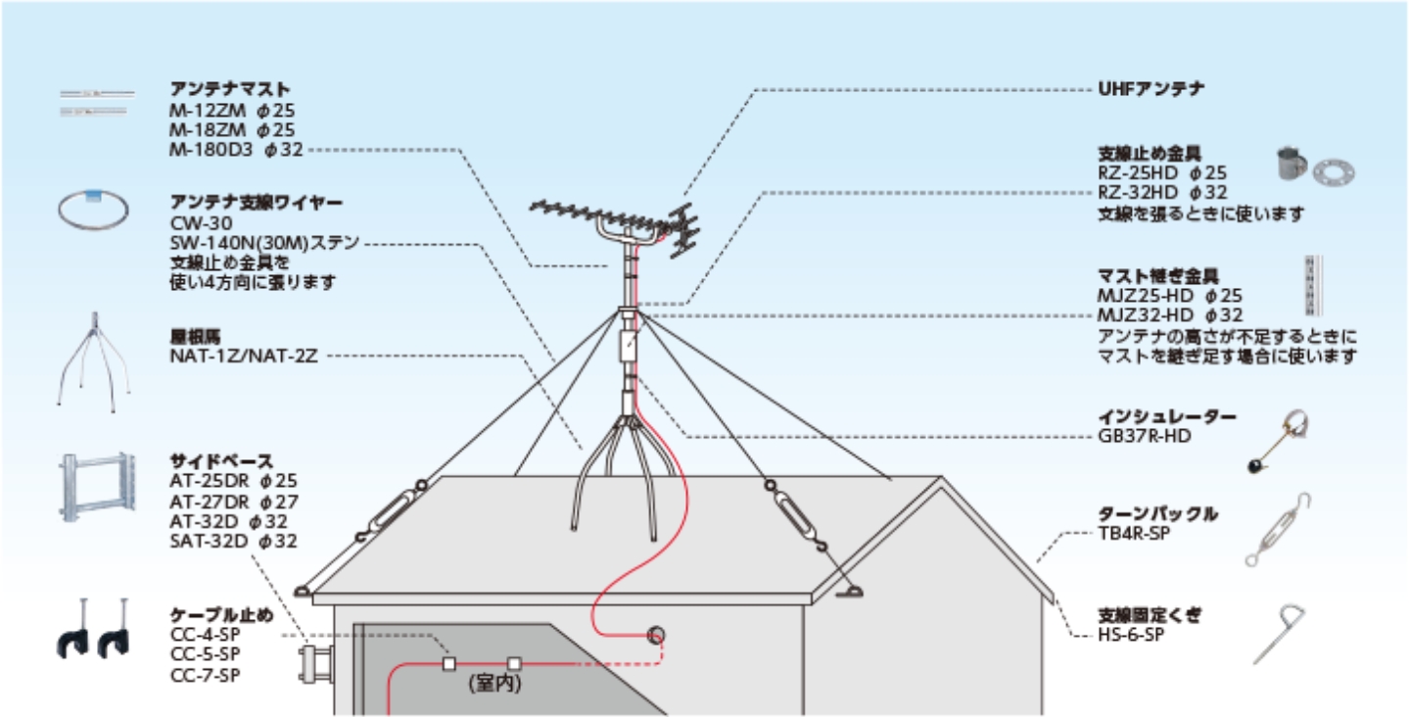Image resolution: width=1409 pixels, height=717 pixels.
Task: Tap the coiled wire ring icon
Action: coord(94,211)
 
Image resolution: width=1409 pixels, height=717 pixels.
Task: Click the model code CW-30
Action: coord(194,222)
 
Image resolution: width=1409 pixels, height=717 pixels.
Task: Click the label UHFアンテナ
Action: coord(1151,89)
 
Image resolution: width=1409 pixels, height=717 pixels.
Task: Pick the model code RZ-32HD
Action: coord(1135,193)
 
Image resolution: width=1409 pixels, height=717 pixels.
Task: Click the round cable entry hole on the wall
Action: coord(656,634)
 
